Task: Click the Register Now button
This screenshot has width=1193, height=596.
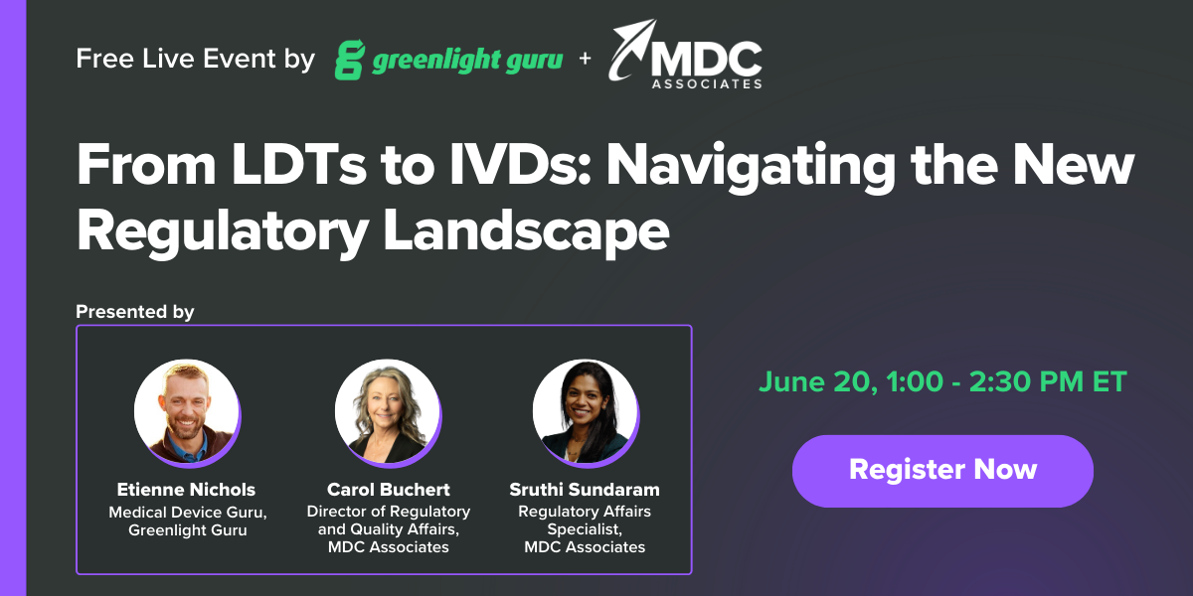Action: (942, 470)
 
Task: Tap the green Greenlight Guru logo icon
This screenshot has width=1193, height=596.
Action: (350, 60)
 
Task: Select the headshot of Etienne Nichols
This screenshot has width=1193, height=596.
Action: (186, 411)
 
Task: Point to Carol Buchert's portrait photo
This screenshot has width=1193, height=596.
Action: (387, 411)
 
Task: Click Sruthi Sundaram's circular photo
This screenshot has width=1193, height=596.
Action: (585, 411)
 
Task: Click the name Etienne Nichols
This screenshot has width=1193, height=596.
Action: (186, 490)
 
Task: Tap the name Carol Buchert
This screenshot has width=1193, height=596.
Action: (388, 490)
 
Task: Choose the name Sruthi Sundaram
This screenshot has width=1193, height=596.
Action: (585, 490)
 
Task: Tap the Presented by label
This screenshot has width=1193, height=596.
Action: (134, 312)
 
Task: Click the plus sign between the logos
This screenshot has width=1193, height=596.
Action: (585, 60)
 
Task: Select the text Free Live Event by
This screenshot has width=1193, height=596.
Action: (195, 60)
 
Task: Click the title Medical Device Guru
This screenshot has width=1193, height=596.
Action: (187, 513)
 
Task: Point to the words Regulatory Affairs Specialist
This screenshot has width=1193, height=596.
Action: (585, 521)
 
